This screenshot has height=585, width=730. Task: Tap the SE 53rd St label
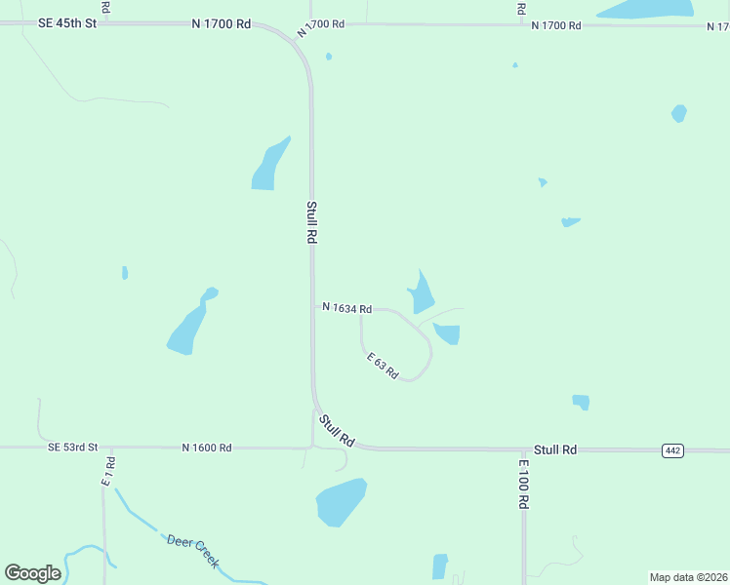[73, 447]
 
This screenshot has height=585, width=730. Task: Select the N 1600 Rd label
[206, 448]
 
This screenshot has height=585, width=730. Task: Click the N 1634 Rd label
[346, 308]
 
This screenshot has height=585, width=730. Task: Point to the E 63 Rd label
[384, 366]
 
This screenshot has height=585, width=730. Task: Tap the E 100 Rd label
[524, 484]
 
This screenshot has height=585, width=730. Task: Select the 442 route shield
[671, 449]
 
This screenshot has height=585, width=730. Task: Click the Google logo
[32, 573]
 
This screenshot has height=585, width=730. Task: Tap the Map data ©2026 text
[688, 577]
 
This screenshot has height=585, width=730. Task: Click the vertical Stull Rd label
[311, 222]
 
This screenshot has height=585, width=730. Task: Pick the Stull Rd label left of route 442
[555, 449]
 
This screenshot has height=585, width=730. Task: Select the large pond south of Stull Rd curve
[341, 501]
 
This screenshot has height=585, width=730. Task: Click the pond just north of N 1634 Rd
[422, 293]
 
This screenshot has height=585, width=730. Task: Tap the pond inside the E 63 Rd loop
[448, 334]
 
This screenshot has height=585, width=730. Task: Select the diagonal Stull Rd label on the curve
[336, 430]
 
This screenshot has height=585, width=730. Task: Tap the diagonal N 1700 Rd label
[323, 25]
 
